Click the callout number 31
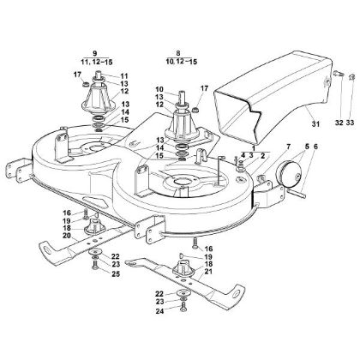(x=316, y=124)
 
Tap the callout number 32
(x=339, y=123)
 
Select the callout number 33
(x=350, y=123)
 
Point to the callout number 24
(x=159, y=311)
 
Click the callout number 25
(x=116, y=274)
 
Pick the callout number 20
(x=67, y=236)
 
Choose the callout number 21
(x=208, y=271)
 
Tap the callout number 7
(x=288, y=147)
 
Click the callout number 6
(x=315, y=147)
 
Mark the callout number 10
(x=159, y=89)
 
